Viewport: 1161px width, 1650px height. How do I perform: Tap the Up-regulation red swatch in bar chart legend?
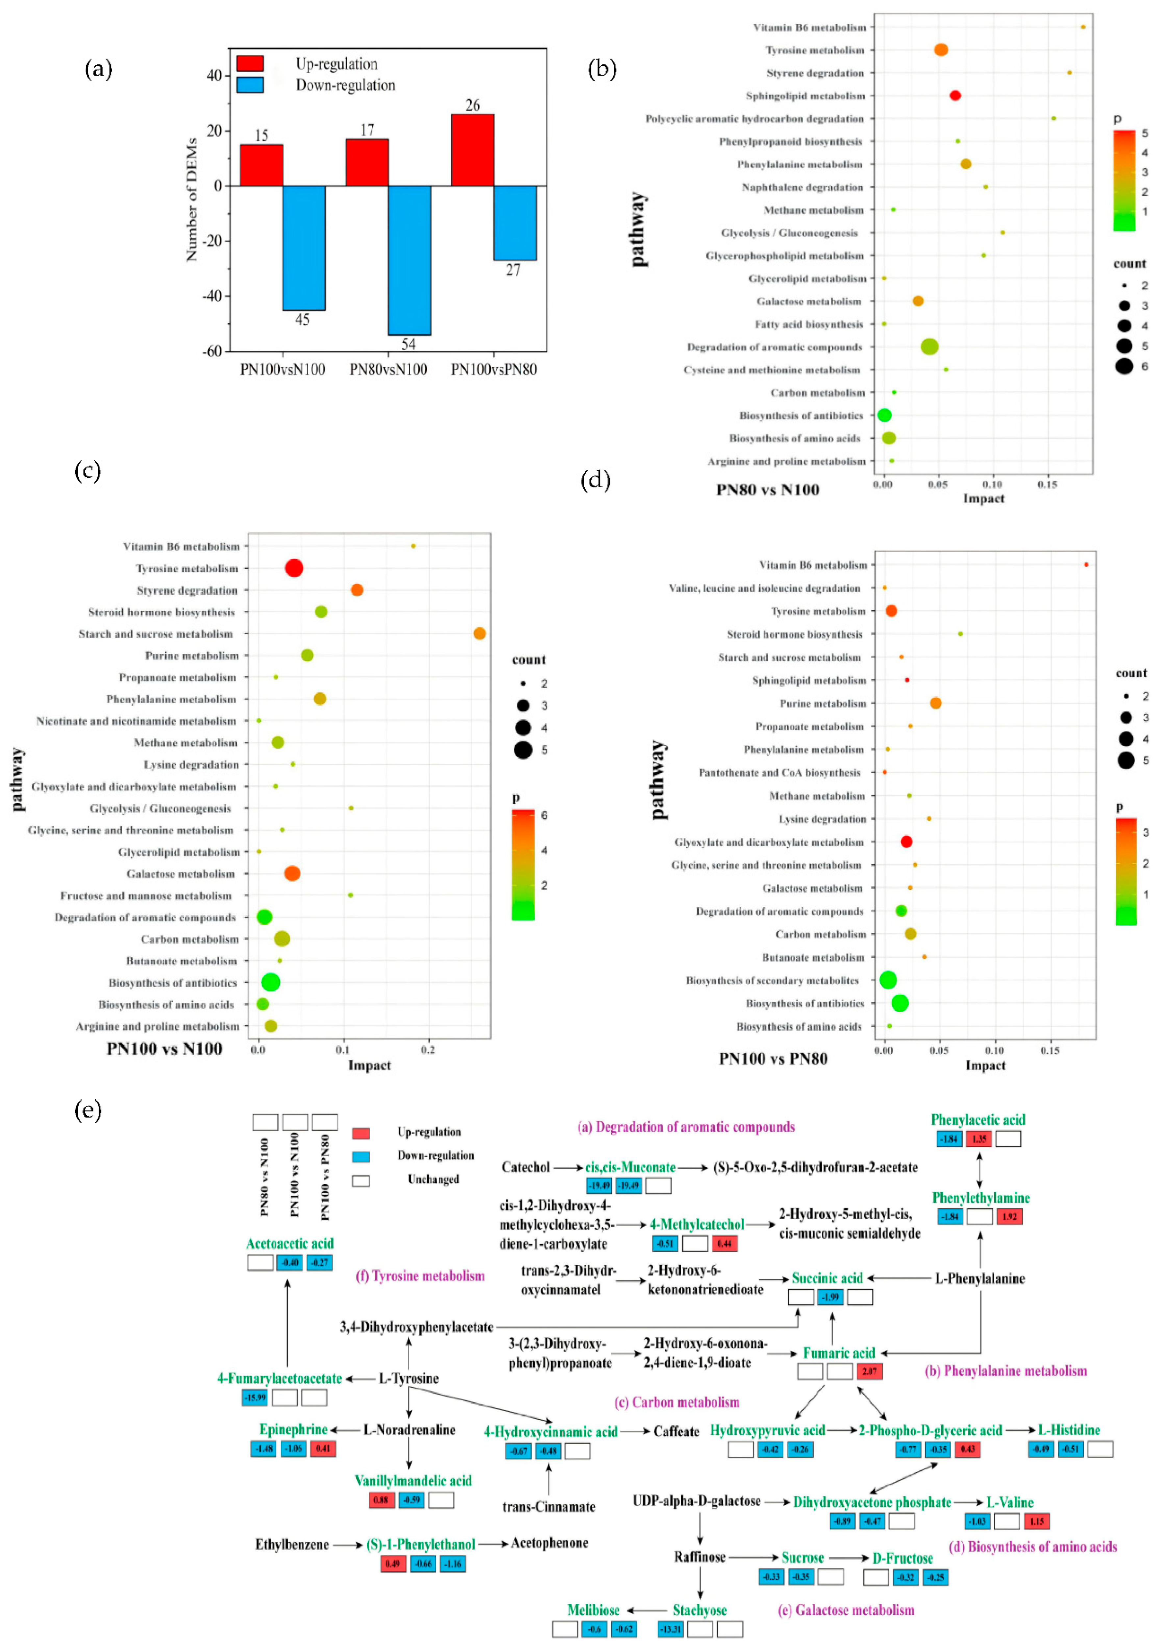tap(249, 63)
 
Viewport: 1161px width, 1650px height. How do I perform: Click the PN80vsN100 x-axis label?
tap(388, 370)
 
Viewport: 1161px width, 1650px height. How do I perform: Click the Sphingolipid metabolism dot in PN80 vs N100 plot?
tap(955, 96)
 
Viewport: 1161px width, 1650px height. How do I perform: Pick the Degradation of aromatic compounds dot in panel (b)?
tap(929, 347)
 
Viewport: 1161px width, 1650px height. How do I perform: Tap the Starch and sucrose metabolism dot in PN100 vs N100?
tap(480, 633)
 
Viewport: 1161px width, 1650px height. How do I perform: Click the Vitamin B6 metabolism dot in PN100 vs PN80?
tap(1085, 565)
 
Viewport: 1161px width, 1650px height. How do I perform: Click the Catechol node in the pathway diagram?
tap(526, 1167)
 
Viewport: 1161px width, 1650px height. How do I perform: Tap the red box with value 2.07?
tap(869, 1371)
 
